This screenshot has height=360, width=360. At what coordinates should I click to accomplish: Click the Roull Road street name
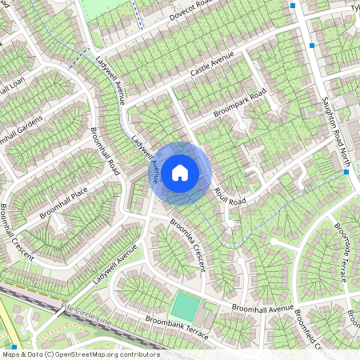pos(229,196)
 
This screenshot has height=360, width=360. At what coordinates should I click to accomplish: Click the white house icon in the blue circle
pos(181,172)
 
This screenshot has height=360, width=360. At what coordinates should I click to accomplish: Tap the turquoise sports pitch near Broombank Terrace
pos(185,307)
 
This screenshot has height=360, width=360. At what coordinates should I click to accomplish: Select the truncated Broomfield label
pos(309,330)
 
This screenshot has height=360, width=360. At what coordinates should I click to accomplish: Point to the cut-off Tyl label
pos(354,8)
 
